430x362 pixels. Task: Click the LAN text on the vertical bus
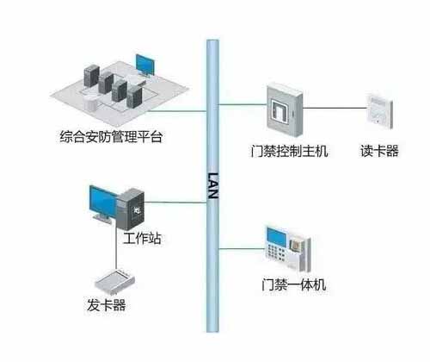[x=212, y=185]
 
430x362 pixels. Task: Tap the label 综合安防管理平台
[x=111, y=137]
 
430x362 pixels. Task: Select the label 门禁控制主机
[x=289, y=151]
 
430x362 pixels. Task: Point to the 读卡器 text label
[x=379, y=151]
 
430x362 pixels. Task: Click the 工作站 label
[x=142, y=238]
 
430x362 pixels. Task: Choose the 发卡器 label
[x=107, y=305]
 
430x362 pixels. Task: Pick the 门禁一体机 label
[x=294, y=284]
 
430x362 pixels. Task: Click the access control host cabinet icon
[x=285, y=109]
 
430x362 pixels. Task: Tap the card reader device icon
[x=379, y=111]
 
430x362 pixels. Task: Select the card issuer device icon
[x=114, y=282]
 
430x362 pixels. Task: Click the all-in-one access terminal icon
[x=288, y=249]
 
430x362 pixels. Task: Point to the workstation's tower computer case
[x=131, y=209]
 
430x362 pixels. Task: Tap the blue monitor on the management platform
[x=145, y=65]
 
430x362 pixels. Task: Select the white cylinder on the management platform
[x=90, y=103]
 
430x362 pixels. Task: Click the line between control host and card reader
[x=335, y=108]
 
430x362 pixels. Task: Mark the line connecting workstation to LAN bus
[x=175, y=203]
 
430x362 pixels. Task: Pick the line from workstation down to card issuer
[x=116, y=249]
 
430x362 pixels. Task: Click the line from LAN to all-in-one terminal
[x=242, y=248]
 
